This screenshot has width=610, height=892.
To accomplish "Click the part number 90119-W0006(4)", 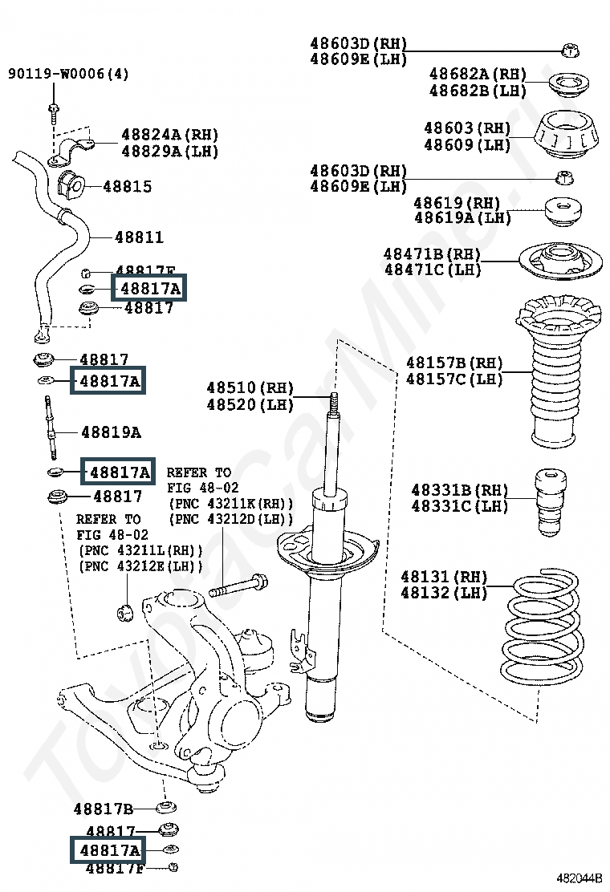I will pyautogui.click(x=68, y=75).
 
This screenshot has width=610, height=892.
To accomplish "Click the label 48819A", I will pyautogui.click(x=111, y=432).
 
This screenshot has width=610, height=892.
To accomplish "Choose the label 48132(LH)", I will pyautogui.click(x=444, y=594).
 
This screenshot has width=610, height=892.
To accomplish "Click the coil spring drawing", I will pyautogui.click(x=542, y=626).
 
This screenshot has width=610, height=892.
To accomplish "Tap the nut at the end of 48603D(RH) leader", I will pyautogui.click(x=571, y=51).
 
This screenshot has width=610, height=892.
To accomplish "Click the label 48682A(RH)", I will pyautogui.click(x=478, y=74).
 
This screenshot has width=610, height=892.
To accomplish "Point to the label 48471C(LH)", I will pyautogui.click(x=432, y=270).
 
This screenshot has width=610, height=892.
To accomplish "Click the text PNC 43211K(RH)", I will pyautogui.click(x=230, y=504).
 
